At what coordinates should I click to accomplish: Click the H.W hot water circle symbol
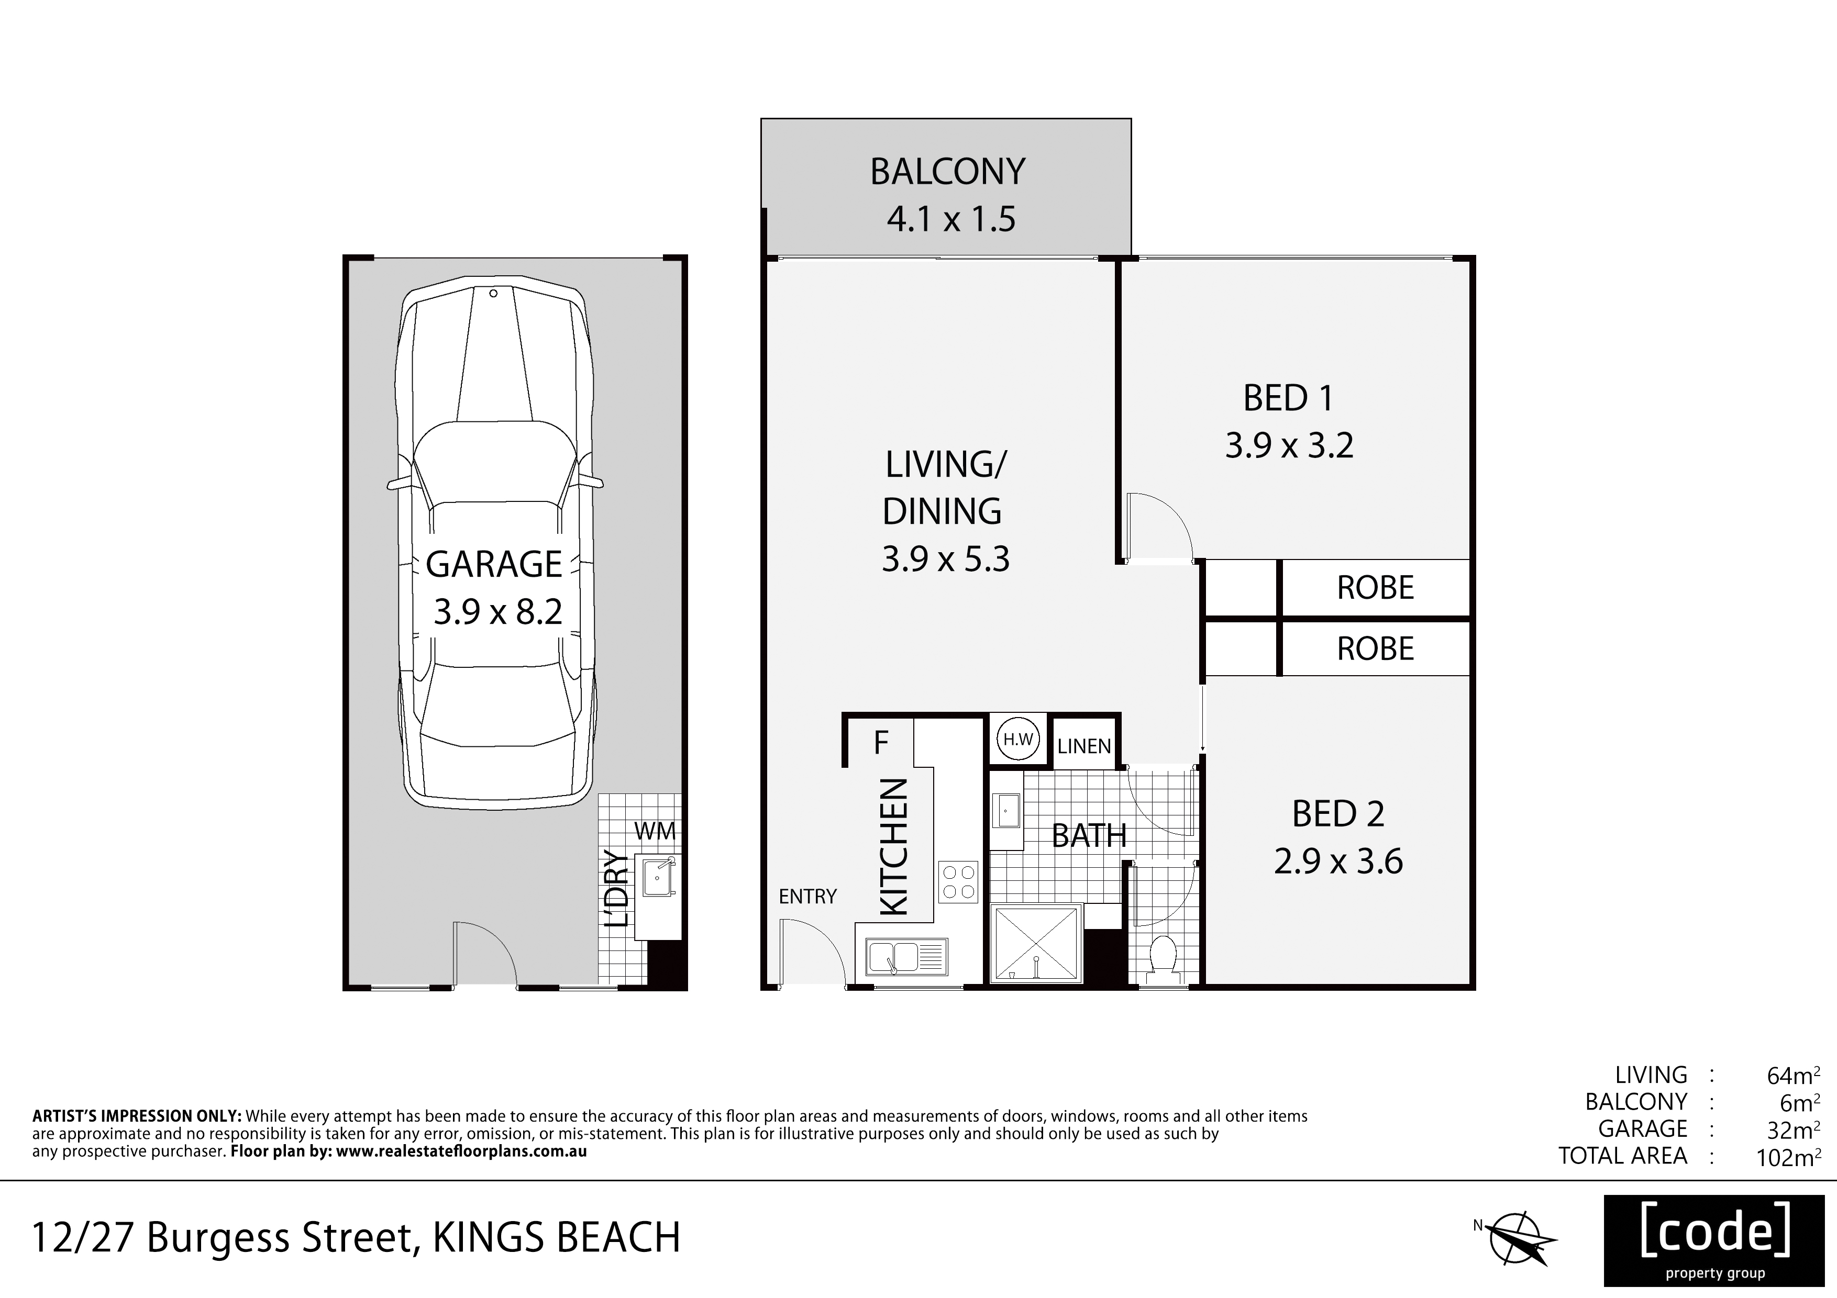[1017, 740]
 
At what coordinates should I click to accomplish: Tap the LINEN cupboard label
[1084, 746]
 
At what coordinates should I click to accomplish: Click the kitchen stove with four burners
[958, 880]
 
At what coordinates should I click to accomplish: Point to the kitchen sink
[906, 957]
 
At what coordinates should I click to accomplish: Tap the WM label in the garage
[655, 832]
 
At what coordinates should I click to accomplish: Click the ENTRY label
[807, 897]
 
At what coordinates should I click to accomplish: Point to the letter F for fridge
[881, 743]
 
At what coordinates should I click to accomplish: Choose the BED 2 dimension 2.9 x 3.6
[1338, 862]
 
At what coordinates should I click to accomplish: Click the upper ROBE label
[1375, 588]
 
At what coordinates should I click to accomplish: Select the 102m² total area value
[1788, 1157]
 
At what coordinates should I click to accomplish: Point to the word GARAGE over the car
[494, 565]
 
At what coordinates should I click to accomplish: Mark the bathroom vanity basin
[1006, 810]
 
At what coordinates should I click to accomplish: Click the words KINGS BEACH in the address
[557, 1237]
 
